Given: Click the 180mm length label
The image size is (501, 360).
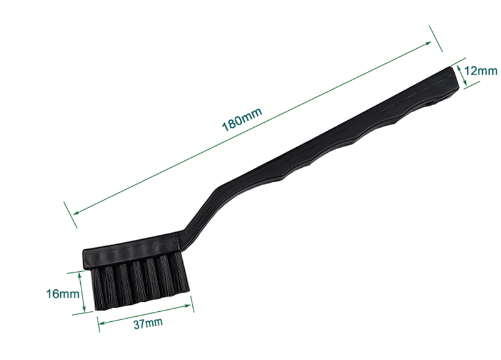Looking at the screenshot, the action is [x=242, y=119].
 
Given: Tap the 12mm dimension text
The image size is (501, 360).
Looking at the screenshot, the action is [x=480, y=71].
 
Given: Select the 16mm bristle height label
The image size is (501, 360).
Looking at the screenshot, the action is [x=63, y=294].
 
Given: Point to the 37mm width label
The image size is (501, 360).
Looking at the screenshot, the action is [x=148, y=323].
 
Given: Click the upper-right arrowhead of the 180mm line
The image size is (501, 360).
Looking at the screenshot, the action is [x=428, y=43].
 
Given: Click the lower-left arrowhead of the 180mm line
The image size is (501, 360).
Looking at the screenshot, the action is [x=76, y=212].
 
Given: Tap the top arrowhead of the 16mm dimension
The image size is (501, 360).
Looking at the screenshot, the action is [x=80, y=275].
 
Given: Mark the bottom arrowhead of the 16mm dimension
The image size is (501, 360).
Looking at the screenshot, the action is [x=84, y=308].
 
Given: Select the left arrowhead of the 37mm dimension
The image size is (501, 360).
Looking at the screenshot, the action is [x=101, y=322].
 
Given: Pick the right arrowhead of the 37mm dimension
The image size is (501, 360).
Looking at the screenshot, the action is [x=188, y=306].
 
